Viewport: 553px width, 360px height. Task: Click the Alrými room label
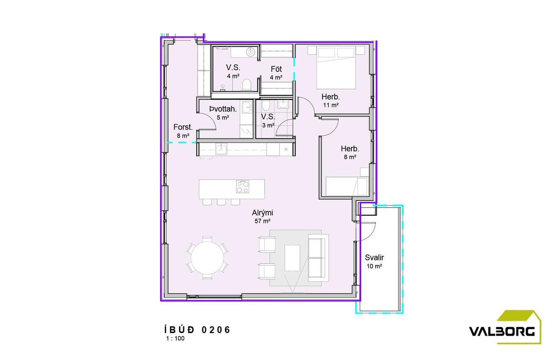click(263, 213)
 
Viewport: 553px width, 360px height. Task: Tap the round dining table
click(207, 258)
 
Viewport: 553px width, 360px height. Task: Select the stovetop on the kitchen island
click(243, 186)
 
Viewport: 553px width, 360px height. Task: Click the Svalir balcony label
click(374, 257)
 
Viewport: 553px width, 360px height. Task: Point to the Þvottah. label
click(223, 109)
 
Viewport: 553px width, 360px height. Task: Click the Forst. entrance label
click(183, 127)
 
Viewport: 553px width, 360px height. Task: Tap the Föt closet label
click(276, 69)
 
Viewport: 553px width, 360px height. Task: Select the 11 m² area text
click(331, 105)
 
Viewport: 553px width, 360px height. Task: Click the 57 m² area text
click(263, 221)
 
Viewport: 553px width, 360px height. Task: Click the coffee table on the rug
click(292, 258)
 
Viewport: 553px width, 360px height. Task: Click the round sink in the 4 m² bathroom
click(251, 52)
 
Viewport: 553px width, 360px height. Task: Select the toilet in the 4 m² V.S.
click(246, 85)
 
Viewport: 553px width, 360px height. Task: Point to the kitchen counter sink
click(221, 149)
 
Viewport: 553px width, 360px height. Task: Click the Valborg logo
click(505, 327)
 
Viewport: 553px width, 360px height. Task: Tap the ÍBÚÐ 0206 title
click(197, 330)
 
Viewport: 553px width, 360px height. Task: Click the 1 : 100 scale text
click(175, 338)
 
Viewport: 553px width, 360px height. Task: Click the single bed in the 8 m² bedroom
click(347, 186)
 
